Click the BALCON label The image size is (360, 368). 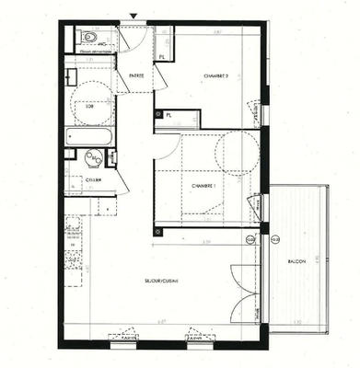pos(296,261)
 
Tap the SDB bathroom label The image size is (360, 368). pos(90,107)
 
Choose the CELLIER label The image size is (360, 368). pos(94,179)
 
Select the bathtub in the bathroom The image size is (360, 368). pos(89,137)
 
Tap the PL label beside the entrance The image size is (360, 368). pos(162,57)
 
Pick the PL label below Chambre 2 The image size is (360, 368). pos(170,116)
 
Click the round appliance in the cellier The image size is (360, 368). pos(92,158)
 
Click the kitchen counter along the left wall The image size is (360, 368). pos(73,248)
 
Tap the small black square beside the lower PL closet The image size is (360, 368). pos(159,114)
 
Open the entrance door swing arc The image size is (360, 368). pos(135,39)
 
